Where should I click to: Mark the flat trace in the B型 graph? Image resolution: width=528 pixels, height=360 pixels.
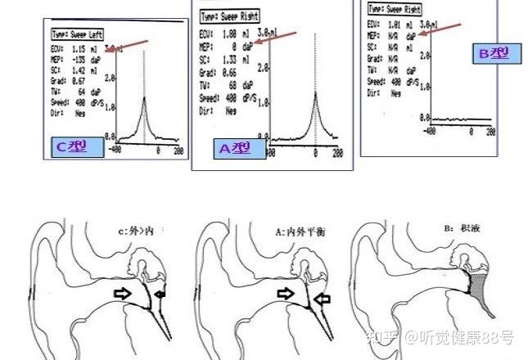(458, 119)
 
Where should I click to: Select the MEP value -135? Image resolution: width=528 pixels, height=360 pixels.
(80, 60)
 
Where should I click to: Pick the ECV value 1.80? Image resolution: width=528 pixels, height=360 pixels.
(231, 35)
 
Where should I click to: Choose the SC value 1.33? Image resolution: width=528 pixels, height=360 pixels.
(231, 60)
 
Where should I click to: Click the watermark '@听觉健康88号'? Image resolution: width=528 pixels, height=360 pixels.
(462, 335)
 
